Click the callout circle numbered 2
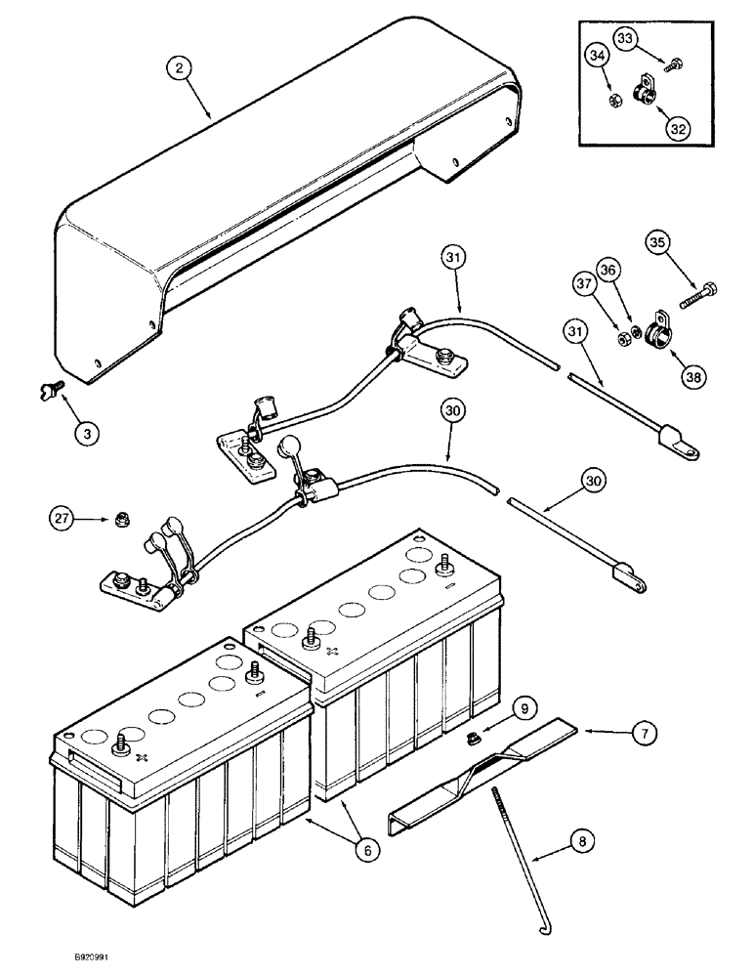178,68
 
